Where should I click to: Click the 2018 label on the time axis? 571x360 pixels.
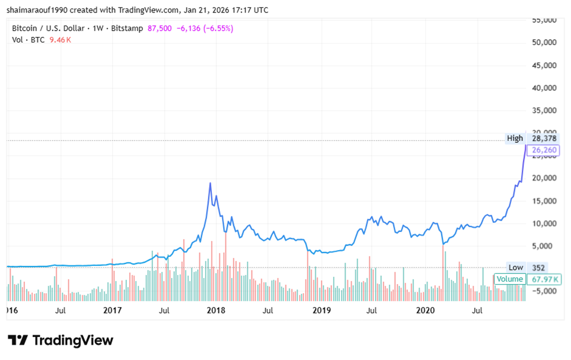coord(216,310)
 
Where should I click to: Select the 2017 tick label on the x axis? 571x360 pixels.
coord(113,310)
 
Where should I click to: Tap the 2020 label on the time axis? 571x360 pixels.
coord(425,310)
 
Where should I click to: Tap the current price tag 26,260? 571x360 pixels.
coord(543,150)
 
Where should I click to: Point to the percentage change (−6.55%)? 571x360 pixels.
coord(215,28)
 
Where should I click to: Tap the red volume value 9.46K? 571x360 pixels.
coord(60,40)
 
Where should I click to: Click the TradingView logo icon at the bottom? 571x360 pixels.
coord(18,340)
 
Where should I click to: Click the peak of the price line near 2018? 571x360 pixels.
coord(210,183)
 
